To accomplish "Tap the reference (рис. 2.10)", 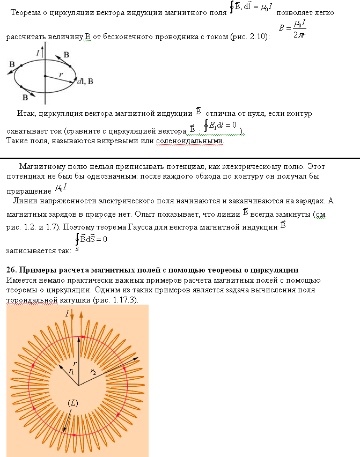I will pos(251,37).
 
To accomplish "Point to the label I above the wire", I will pos(38,53).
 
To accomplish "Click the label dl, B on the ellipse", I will pos(85,82).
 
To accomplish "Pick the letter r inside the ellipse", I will pos(61,75).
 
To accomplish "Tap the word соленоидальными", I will pos(189,142).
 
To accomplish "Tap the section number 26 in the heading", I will pos(10,269).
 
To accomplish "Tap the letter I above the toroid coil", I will pos(67,312).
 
